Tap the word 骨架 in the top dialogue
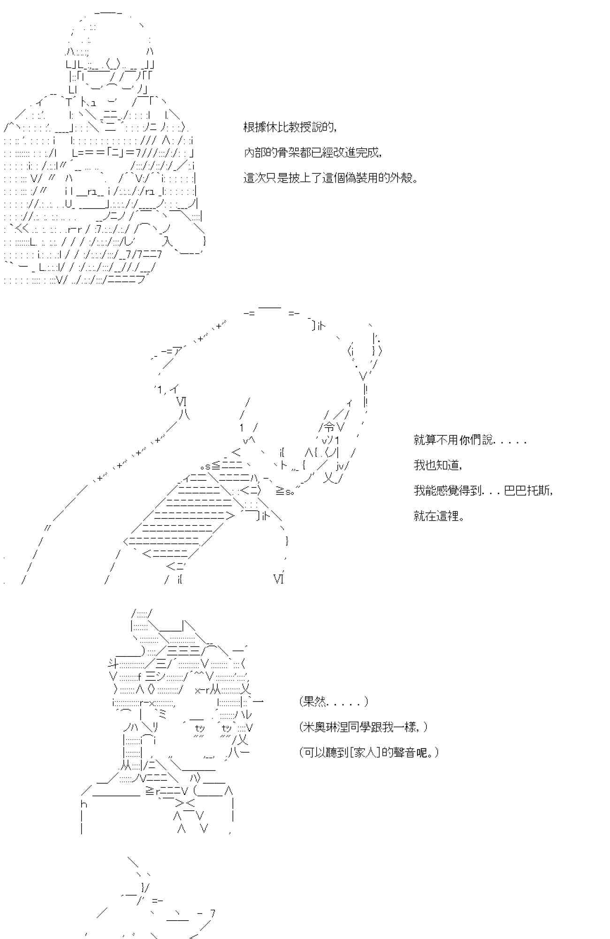(289, 153)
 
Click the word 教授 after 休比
(300, 127)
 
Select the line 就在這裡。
(439, 516)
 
